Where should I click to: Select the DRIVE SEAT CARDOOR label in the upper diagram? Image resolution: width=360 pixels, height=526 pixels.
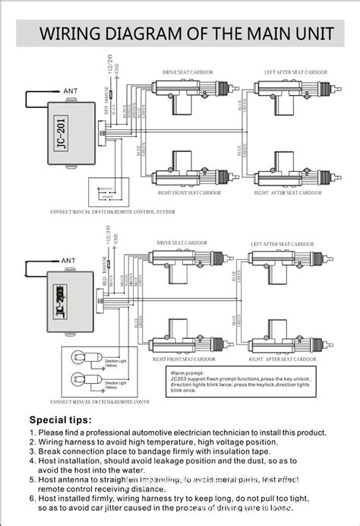(x=188, y=72)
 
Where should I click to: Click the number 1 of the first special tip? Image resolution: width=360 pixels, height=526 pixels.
(x=32, y=433)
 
